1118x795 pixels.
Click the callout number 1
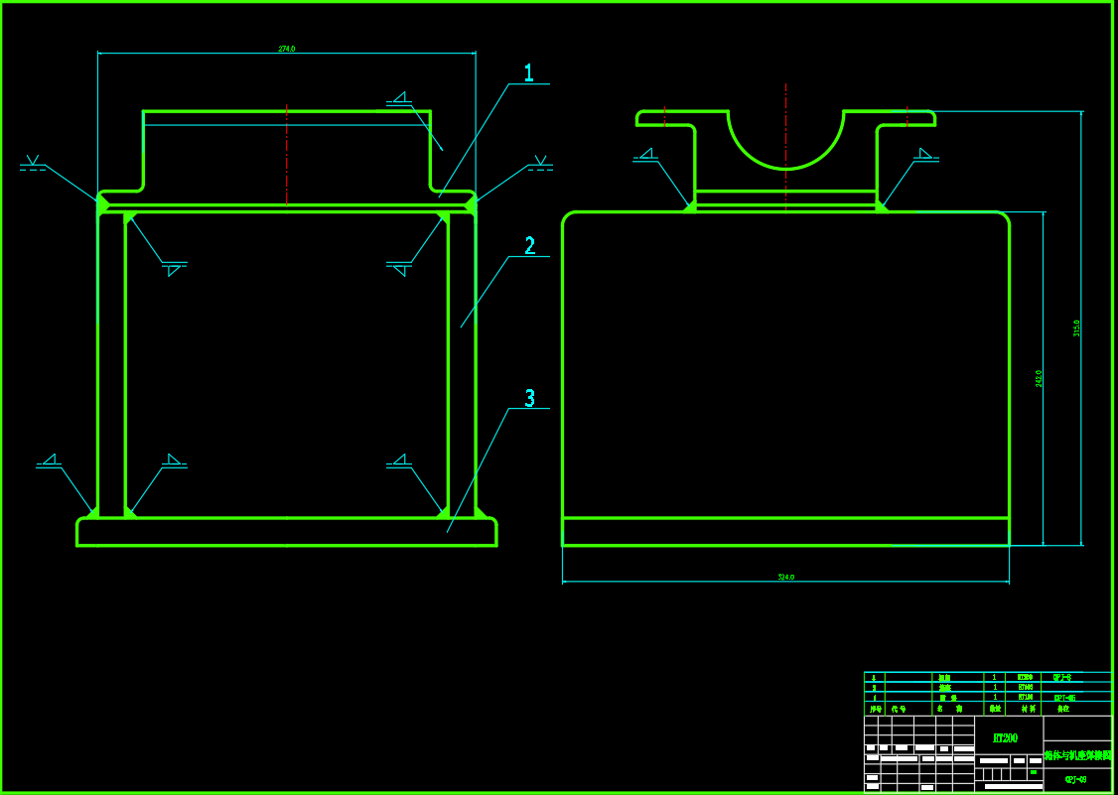(528, 72)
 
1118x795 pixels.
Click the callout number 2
(529, 246)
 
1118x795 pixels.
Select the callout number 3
(529, 398)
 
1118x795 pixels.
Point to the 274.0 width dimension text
(287, 49)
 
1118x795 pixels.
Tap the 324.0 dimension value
(785, 577)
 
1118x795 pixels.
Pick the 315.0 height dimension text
(1076, 328)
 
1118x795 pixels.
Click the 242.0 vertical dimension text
(1039, 378)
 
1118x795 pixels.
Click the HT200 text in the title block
(1005, 738)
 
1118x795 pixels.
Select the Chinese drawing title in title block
(1077, 755)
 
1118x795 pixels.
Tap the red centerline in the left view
(287, 154)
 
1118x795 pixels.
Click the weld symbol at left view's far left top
(33, 164)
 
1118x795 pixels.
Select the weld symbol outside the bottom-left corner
(49, 462)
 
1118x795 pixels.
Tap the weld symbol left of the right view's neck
(646, 156)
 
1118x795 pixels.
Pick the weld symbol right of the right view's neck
(925, 156)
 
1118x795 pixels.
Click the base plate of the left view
(287, 532)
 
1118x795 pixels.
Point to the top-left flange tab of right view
(663, 118)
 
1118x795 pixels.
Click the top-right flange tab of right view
(907, 118)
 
